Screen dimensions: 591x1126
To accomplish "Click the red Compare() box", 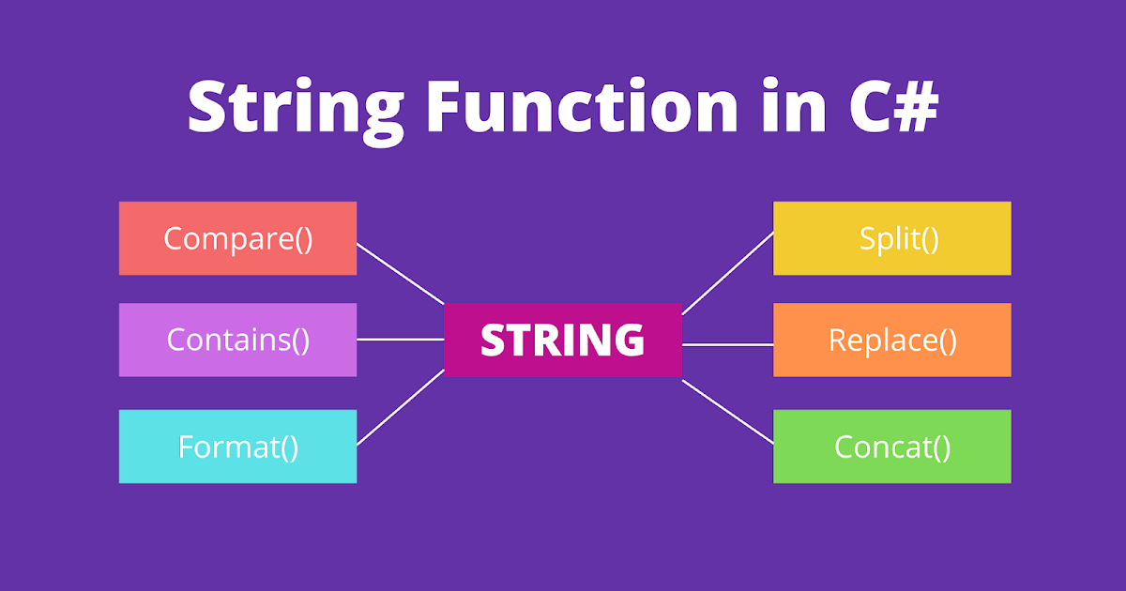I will tap(237, 238).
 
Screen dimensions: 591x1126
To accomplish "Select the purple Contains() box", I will tap(237, 340).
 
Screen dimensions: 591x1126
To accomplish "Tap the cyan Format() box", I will tap(237, 447).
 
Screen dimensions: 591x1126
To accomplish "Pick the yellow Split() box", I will tap(891, 238).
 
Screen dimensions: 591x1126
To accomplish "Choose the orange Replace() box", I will tap(891, 340).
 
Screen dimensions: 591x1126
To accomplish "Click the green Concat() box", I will tap(891, 447).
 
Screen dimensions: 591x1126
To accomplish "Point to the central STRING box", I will tap(563, 340).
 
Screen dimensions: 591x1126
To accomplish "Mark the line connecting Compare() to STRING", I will tap(401, 275).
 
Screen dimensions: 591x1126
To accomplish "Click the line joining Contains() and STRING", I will tap(401, 340).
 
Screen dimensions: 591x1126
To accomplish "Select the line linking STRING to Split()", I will tap(727, 273).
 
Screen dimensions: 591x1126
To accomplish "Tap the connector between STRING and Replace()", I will tap(727, 344).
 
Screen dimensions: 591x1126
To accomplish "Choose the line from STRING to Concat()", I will tap(727, 411).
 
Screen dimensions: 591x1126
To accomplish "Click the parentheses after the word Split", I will tap(929, 239).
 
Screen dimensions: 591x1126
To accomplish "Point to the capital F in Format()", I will tap(186, 447).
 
